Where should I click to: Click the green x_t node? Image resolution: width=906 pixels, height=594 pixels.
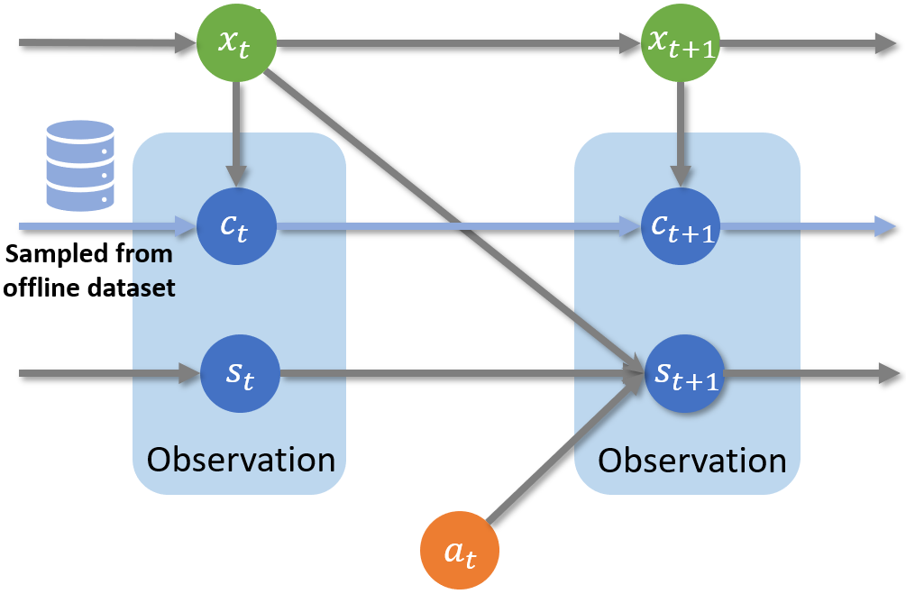point(236,42)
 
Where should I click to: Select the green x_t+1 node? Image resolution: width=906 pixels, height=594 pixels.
point(681,42)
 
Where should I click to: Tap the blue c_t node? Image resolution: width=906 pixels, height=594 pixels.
point(236,226)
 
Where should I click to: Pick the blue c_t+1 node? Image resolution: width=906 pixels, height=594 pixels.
point(681,226)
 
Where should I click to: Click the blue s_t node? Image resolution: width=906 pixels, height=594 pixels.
point(240,373)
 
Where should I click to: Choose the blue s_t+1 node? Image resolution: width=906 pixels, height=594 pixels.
point(684,373)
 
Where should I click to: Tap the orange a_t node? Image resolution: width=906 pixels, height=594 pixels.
point(460,550)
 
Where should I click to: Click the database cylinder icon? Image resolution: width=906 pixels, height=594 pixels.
point(79,165)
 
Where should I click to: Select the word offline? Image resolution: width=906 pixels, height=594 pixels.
point(45,288)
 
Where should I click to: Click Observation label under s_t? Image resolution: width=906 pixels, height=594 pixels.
point(241,460)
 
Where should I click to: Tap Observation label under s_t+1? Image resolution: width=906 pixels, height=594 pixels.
point(691,461)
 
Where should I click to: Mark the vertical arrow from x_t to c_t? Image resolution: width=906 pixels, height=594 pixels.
point(236,134)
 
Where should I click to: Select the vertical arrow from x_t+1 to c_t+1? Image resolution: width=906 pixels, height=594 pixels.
point(681,134)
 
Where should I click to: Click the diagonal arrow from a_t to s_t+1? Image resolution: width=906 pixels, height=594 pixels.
point(564,448)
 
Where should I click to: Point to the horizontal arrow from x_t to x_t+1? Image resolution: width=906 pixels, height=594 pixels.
point(459,43)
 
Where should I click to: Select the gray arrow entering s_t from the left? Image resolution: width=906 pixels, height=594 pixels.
point(110,374)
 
